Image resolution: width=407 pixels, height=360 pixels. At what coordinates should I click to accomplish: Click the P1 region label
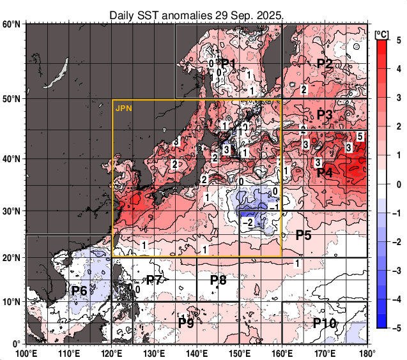coord(229,63)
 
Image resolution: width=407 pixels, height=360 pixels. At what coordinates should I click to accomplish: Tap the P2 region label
coord(325,64)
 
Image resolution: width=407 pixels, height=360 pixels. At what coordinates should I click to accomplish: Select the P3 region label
coord(325,116)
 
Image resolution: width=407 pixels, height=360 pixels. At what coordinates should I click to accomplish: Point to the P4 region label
coord(325,172)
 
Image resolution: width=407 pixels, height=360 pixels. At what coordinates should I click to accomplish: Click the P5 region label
coord(303,235)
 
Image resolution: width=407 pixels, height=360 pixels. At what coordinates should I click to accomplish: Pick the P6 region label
coord(79,291)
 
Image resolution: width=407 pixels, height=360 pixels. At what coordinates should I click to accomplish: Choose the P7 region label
coord(154,280)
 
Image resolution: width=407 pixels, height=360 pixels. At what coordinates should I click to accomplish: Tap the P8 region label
coord(219,280)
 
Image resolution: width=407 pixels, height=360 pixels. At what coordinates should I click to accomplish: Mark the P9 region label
coord(186,324)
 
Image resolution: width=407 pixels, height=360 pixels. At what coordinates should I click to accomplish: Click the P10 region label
coord(325,324)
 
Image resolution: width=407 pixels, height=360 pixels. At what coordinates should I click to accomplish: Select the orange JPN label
coord(123,108)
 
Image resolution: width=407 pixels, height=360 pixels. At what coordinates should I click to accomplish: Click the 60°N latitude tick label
coord(12,24)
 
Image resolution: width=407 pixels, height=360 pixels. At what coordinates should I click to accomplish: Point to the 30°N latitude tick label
coord(12,211)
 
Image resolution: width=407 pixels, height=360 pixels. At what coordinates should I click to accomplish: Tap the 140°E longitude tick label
coord(196,352)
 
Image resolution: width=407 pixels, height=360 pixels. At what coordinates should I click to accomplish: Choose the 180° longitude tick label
coord(366,352)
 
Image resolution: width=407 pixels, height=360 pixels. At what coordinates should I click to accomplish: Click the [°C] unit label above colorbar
coord(383,33)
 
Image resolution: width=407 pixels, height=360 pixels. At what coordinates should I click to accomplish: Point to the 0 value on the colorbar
coord(399,184)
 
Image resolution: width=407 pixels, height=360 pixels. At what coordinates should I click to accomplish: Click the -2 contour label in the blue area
coord(249,221)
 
